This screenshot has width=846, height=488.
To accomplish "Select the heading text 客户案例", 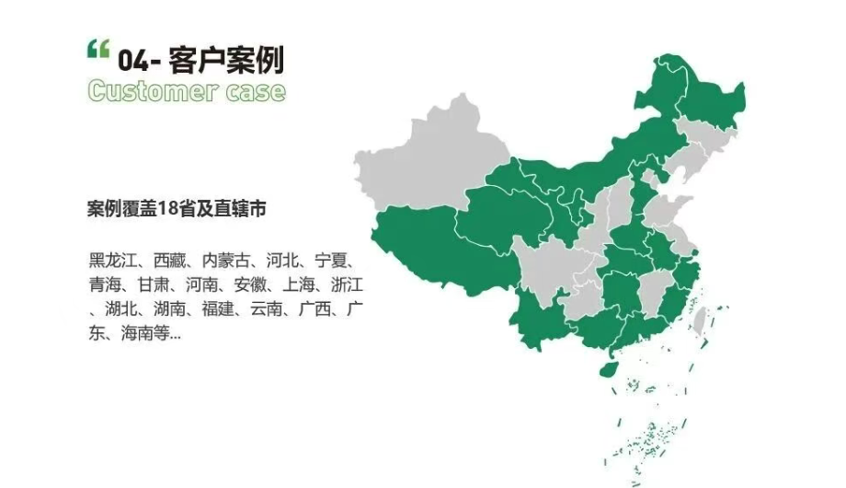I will pos(226,60).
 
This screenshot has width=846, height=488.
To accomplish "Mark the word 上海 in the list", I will pos(275,284).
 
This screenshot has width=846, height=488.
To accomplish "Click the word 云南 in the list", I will pos(265,308).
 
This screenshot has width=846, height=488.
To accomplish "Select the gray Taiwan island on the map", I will pos(700,321).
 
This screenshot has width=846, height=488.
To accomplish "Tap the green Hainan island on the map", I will pos(606,367).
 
